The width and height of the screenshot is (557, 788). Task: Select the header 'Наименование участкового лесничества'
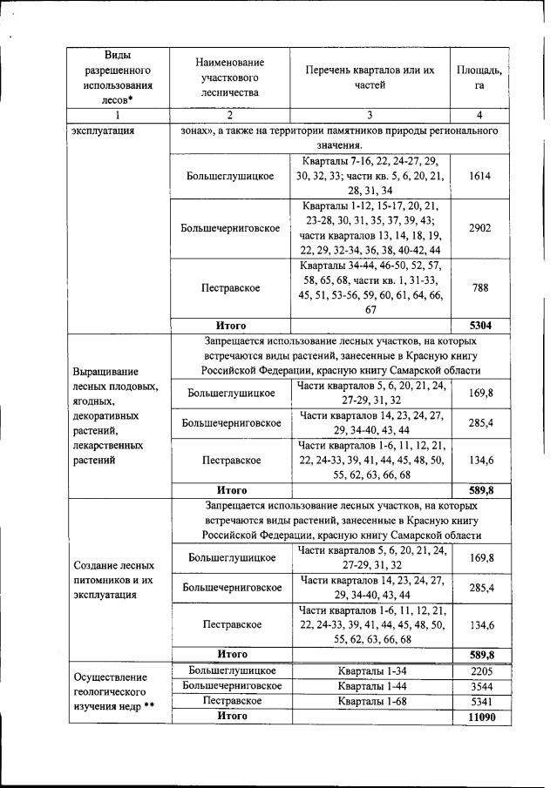tap(230, 77)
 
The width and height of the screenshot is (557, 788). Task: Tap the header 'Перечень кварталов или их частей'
tap(370, 77)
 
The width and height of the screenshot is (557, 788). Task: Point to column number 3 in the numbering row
tap(370, 116)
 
